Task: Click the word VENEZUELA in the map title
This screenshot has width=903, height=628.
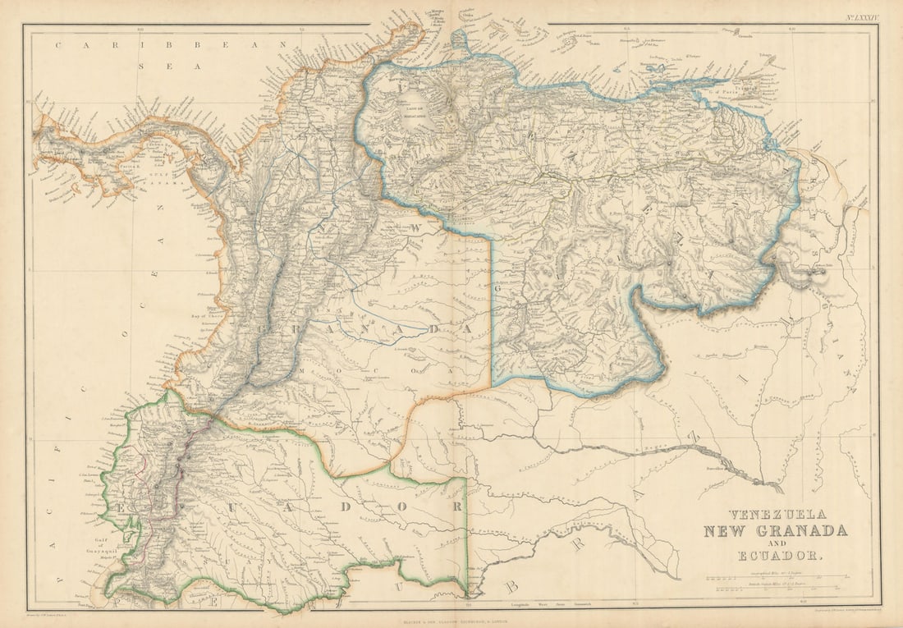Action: point(775,514)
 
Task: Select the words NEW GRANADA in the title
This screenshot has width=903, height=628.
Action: point(775,530)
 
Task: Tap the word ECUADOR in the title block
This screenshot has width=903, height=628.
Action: point(775,557)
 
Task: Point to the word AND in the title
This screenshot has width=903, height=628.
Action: point(775,543)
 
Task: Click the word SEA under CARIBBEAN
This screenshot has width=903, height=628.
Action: point(169,66)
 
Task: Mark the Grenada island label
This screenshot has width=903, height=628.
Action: point(745,36)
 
